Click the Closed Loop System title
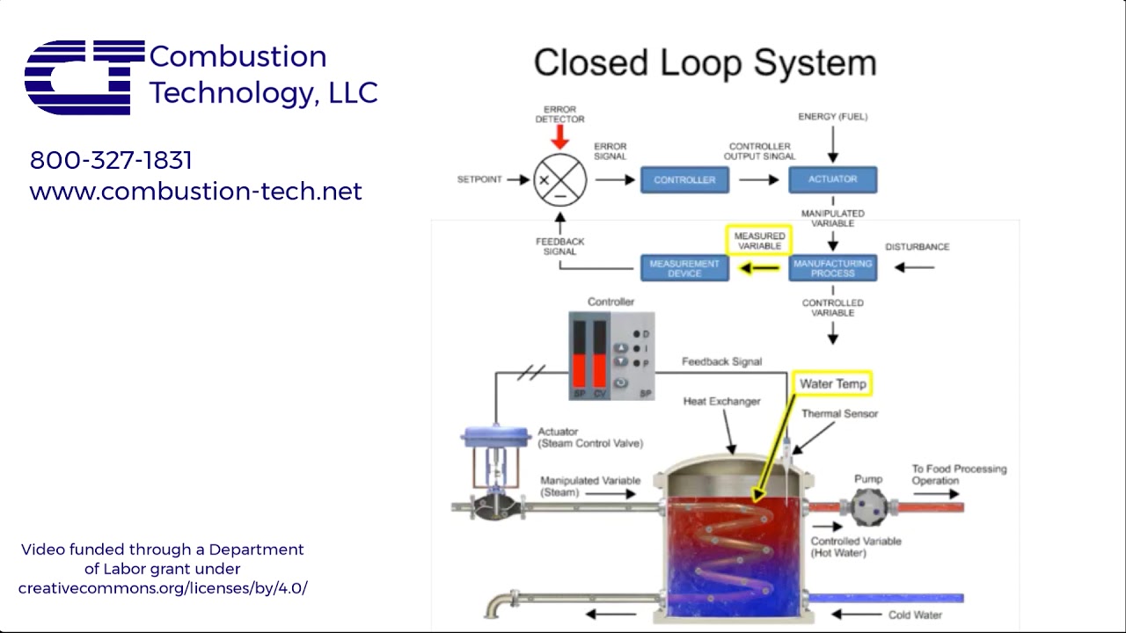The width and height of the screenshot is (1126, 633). tap(705, 63)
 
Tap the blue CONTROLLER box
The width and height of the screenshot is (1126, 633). tap(684, 179)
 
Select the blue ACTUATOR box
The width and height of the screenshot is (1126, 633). tap(832, 179)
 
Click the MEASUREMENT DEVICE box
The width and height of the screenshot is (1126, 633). tap(684, 267)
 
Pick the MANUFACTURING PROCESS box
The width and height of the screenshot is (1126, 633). tap(832, 267)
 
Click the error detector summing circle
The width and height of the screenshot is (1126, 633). tap(560, 179)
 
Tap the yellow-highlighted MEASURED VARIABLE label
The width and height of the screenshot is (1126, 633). tap(759, 241)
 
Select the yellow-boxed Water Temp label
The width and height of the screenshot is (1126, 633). tap(832, 383)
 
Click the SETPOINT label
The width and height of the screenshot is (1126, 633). tap(479, 179)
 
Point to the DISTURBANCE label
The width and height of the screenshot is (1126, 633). tap(917, 247)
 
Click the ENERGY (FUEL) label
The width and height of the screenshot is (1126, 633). tap(832, 117)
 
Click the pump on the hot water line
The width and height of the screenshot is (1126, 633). tap(868, 507)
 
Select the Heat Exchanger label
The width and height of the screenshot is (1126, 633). tap(721, 402)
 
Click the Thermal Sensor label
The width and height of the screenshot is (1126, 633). tap(839, 414)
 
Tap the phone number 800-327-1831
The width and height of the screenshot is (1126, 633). tap(111, 160)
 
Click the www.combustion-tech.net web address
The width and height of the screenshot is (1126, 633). tap(195, 192)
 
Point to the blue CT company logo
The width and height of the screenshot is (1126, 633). tap(84, 77)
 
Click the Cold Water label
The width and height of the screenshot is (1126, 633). tap(915, 615)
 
